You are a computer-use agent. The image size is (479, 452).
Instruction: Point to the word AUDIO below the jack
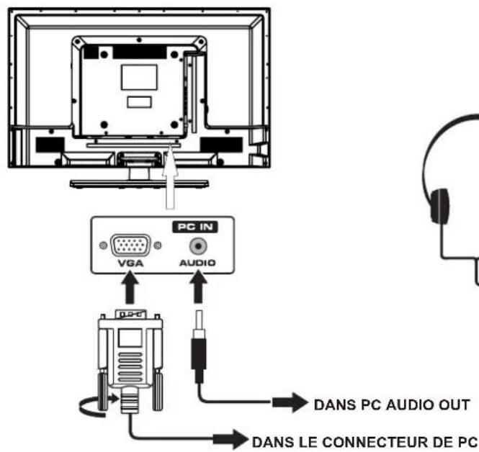[x=192, y=263]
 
